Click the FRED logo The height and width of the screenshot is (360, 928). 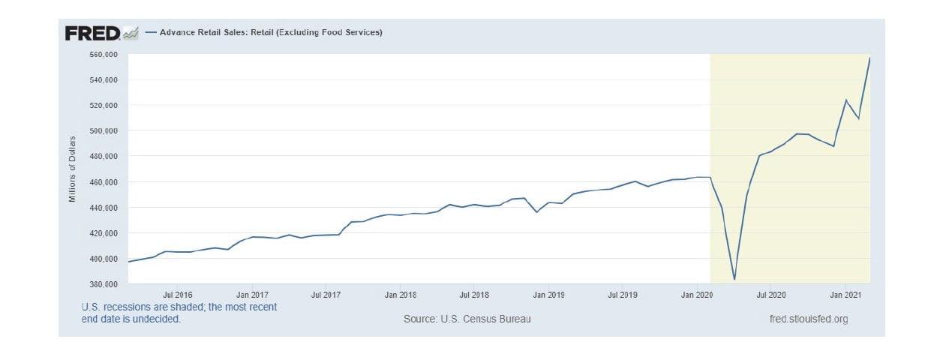92,33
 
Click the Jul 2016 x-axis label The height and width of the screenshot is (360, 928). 178,295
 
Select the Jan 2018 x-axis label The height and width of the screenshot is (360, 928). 401,295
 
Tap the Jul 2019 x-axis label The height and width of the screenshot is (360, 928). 623,295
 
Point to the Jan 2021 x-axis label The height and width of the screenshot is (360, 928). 845,295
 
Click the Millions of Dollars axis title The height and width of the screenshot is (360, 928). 73,169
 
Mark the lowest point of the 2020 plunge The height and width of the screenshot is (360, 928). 734,280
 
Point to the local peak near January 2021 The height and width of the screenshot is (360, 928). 846,100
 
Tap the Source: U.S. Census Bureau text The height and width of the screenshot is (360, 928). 467,319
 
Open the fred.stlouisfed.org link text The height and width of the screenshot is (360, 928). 809,319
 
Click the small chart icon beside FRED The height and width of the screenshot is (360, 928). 131,33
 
